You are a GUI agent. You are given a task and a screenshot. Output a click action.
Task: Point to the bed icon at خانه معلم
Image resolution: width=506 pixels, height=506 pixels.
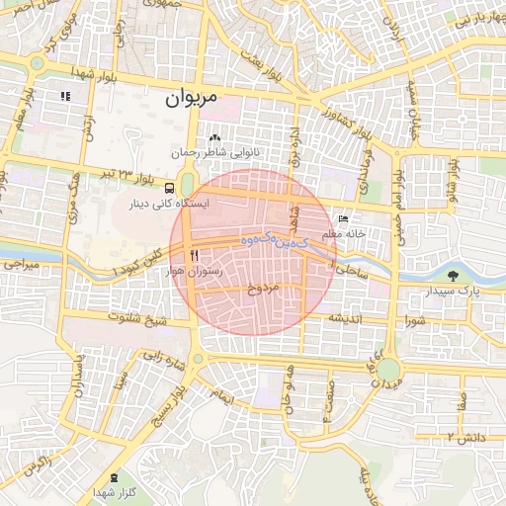343,218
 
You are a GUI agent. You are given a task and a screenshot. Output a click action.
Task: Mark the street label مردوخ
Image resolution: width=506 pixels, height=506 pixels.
264,289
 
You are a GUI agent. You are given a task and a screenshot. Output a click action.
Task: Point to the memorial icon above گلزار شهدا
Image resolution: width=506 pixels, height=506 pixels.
113,477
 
